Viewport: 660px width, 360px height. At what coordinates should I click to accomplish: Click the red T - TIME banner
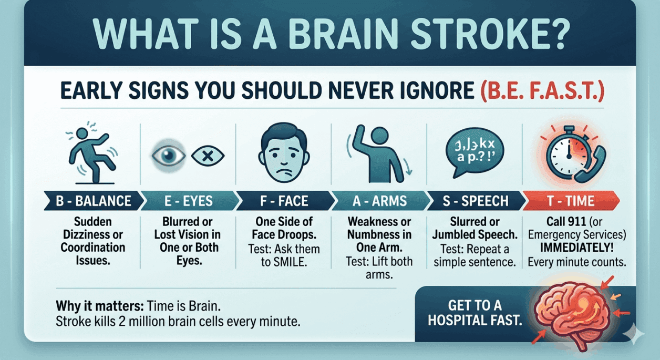(x=571, y=201)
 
